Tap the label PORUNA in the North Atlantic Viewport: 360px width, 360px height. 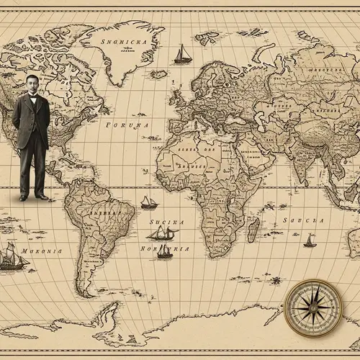click(127, 125)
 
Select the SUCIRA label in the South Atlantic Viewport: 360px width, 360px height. click(167, 223)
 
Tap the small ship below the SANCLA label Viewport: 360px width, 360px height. click(310, 240)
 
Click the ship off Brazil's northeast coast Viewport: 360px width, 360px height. click(148, 203)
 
